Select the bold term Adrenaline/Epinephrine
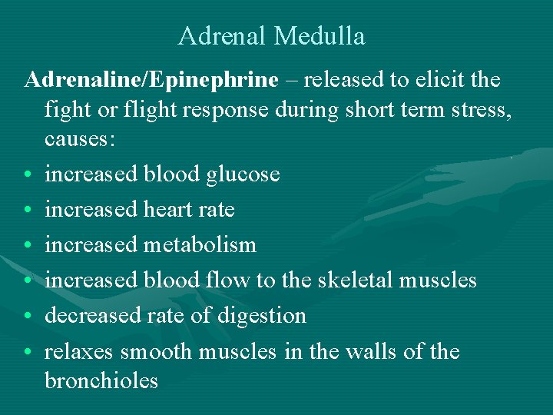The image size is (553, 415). pyautogui.click(x=151, y=80)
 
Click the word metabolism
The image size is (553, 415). pyautogui.click(x=200, y=245)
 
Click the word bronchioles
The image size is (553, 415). pyautogui.click(x=101, y=380)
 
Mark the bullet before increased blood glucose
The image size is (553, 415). pyautogui.click(x=28, y=175)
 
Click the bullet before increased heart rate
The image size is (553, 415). pyautogui.click(x=28, y=211)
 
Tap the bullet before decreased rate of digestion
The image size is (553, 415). pyautogui.click(x=28, y=317)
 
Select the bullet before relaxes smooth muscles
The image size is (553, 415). pyautogui.click(x=28, y=352)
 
